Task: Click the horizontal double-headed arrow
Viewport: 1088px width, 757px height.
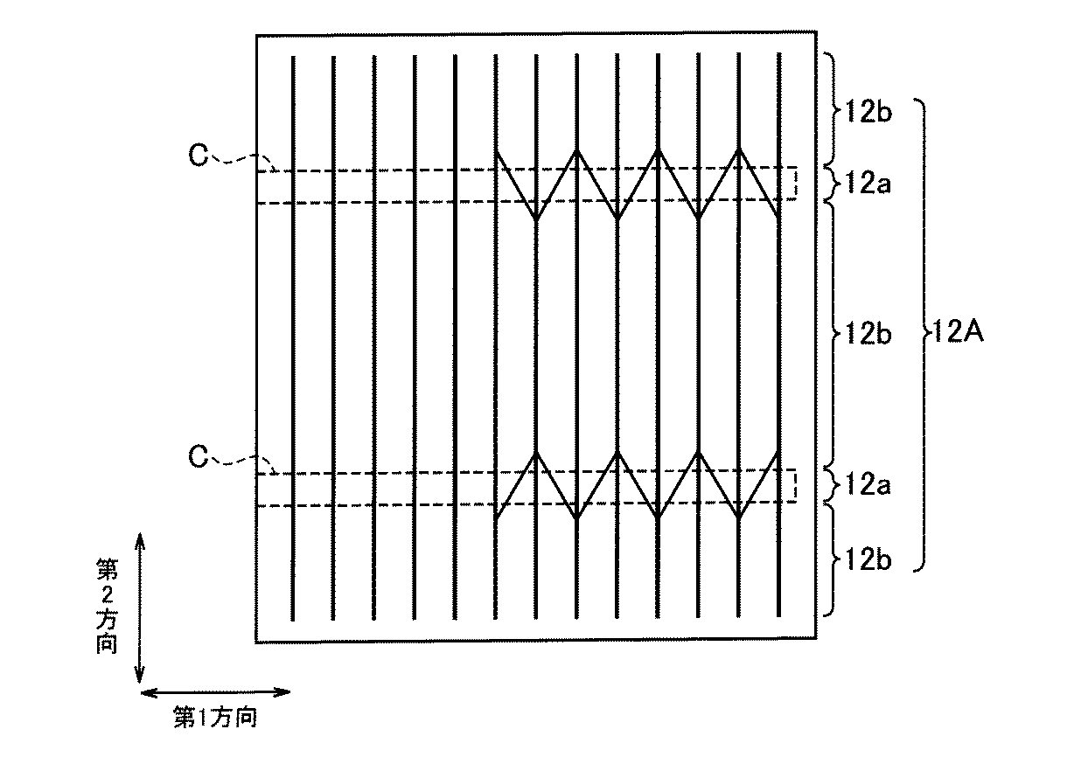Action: (215, 692)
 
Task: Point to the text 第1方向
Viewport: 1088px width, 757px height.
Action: (215, 719)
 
